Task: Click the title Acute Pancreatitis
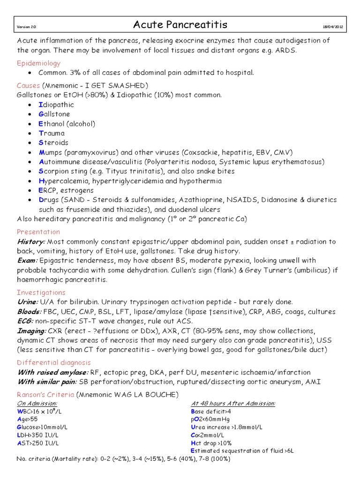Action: point(180,25)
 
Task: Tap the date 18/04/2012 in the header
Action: point(333,26)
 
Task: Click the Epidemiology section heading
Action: point(39,63)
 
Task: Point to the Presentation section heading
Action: point(38,232)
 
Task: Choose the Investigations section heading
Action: point(41,292)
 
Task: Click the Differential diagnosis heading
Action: point(53,362)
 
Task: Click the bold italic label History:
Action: point(31,241)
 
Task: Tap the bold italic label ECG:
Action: point(26,321)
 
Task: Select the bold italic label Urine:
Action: point(28,302)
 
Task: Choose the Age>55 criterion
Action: point(27,420)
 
